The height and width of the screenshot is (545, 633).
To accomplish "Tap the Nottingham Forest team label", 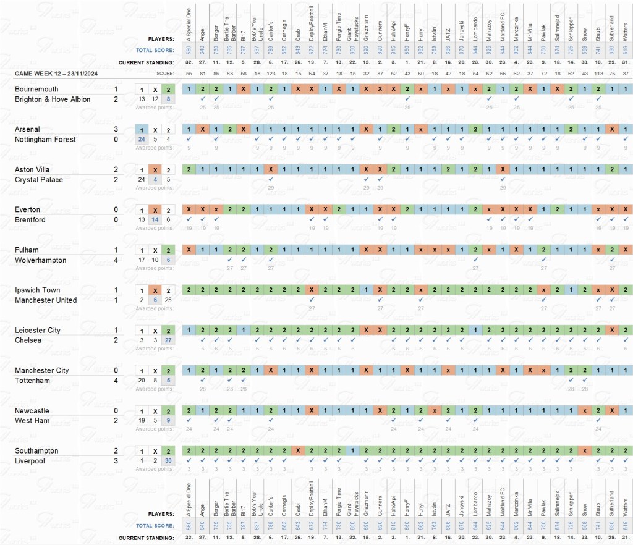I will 46,140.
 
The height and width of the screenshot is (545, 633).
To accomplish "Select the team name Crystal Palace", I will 39,180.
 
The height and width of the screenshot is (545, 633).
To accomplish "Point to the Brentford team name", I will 32,220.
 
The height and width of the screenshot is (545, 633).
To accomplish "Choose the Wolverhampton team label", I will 41,260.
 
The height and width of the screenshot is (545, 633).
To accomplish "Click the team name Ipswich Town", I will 37,290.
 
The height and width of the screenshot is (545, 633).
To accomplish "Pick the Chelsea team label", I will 28,340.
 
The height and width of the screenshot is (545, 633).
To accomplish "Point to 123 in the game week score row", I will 271,74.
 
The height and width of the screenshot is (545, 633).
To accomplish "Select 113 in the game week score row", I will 598,74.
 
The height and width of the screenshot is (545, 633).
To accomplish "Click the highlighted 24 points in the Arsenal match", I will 142,140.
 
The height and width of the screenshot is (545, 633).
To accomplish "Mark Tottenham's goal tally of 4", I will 116,381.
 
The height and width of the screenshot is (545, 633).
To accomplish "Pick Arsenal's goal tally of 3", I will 116,129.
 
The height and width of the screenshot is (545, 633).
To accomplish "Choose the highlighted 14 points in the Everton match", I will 155,220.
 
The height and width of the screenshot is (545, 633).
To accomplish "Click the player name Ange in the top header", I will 203,28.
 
